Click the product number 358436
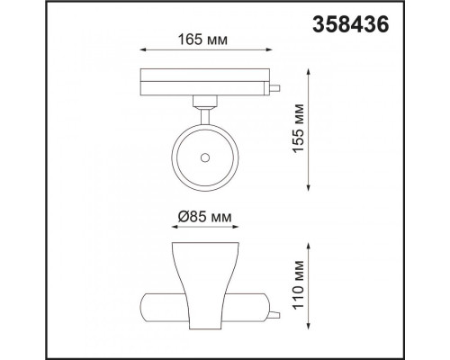coord(351,24)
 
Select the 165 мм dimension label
coord(202,40)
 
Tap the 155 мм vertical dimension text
coord(299,129)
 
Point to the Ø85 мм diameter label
coord(204,216)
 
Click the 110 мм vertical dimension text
coord(299,285)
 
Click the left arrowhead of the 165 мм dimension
coord(142,50)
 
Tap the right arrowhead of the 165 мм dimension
coord(269,50)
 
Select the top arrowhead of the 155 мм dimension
coord(309,72)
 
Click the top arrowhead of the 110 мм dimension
coord(309,246)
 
